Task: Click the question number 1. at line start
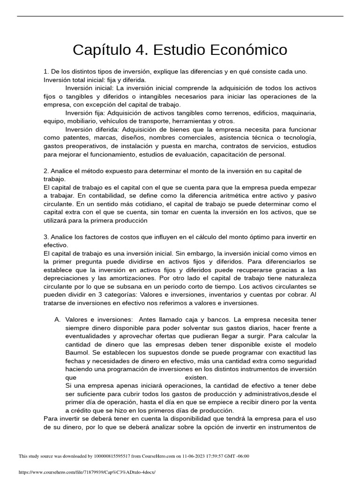coord(46,71)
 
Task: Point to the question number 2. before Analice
coord(46,171)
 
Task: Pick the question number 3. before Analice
coord(46,237)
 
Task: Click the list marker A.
coord(58,319)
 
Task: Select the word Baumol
coord(77,352)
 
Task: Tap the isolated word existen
coord(196,377)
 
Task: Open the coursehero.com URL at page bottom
coord(87,472)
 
